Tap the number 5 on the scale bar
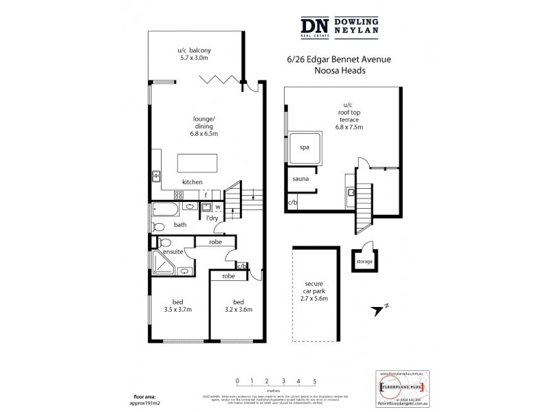click(x=315, y=380)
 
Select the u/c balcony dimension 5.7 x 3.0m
click(x=193, y=59)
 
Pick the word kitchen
click(x=192, y=182)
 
